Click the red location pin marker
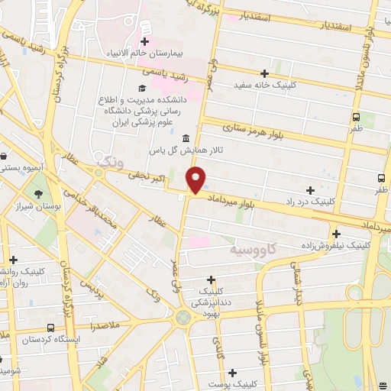click(196, 180)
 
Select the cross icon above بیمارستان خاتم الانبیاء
click(144, 40)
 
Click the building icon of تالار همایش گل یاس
click(186, 136)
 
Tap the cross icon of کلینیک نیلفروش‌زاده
click(336, 234)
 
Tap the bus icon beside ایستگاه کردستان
click(50, 328)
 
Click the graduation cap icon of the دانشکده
click(143, 88)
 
